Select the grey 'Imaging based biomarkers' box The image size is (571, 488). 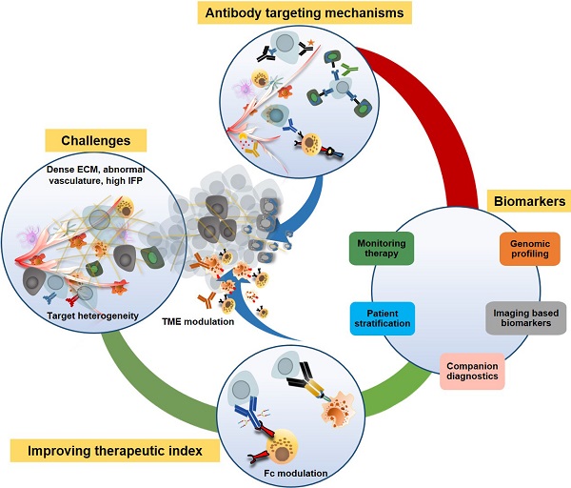pos(525,318)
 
